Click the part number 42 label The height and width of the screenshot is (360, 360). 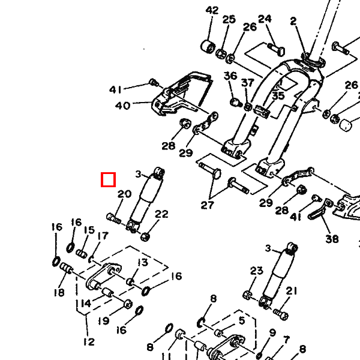click(212, 11)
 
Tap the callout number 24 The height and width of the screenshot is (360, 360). click(265, 19)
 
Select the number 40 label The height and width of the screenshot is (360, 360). click(122, 106)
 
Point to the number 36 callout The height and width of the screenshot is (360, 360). click(230, 76)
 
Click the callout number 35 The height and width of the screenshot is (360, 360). click(278, 96)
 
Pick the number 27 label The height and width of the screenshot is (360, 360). click(208, 205)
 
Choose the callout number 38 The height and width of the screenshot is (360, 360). click(332, 239)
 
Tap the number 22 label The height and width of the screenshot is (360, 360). click(161, 214)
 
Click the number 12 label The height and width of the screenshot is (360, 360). click(89, 342)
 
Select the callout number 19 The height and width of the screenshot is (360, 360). click(104, 321)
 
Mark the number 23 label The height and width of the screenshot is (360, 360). click(256, 271)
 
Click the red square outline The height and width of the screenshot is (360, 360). click(109, 179)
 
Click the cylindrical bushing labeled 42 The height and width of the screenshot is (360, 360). click(208, 46)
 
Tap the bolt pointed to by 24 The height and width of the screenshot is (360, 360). click(276, 49)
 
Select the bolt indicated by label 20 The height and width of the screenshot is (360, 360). click(114, 218)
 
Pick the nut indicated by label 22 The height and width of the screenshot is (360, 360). click(145, 236)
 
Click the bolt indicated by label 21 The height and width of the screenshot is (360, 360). click(281, 314)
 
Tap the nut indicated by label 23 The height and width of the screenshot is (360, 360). click(247, 295)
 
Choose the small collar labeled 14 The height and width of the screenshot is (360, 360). click(107, 293)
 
